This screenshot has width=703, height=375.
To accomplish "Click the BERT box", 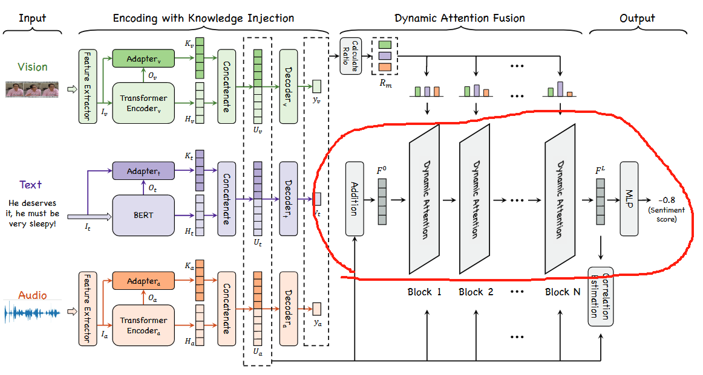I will [x=143, y=215].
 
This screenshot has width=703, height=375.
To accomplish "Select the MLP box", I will [x=629, y=199].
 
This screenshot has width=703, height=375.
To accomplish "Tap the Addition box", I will [x=355, y=199].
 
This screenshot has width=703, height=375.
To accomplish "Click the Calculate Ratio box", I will [x=350, y=56].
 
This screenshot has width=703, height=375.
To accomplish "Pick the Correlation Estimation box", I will [x=600, y=296].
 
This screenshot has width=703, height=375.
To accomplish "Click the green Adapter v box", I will [x=143, y=59].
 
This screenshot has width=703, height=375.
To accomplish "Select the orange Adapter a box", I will [x=143, y=281].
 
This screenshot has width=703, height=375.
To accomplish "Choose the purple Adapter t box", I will [x=143, y=171].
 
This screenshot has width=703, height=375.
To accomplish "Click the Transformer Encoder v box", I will [x=143, y=103].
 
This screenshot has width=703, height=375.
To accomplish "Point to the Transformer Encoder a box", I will [x=143, y=325].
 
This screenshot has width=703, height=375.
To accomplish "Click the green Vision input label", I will [x=33, y=67].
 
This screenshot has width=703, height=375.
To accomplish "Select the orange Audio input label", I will [x=32, y=295].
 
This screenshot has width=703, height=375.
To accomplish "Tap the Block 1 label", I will [x=424, y=292].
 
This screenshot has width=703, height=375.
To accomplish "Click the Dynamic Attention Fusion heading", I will [x=460, y=18].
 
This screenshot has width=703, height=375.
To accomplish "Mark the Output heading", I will [x=637, y=18].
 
